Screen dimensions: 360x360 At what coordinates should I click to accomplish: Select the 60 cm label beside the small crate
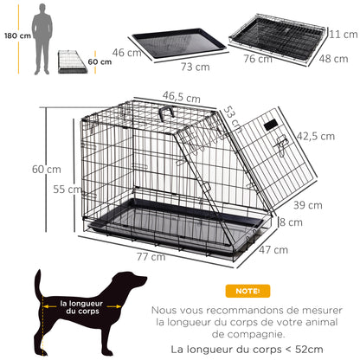click(100, 62)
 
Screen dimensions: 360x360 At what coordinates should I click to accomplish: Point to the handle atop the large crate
click(166, 113)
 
